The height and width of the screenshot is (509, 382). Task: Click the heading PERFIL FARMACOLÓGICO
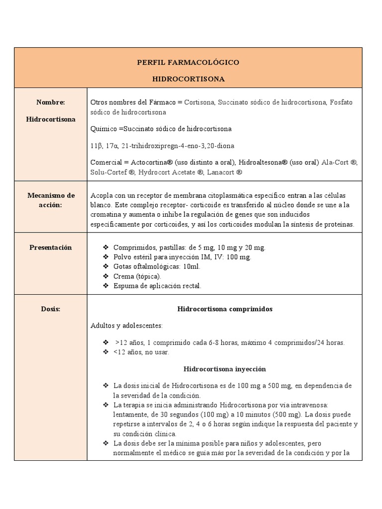[188, 63]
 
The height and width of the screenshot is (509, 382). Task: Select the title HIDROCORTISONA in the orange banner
[188, 79]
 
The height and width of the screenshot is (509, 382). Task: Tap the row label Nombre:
[51, 102]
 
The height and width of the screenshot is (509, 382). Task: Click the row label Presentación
[51, 248]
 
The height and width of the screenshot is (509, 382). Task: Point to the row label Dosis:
[51, 309]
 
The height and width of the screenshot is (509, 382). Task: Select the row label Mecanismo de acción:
[51, 200]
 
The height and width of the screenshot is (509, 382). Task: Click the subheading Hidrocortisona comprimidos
[225, 309]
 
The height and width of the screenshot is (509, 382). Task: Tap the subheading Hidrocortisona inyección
[225, 369]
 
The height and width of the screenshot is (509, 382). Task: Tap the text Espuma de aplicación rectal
[157, 286]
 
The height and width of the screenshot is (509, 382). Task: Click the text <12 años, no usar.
[141, 352]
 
